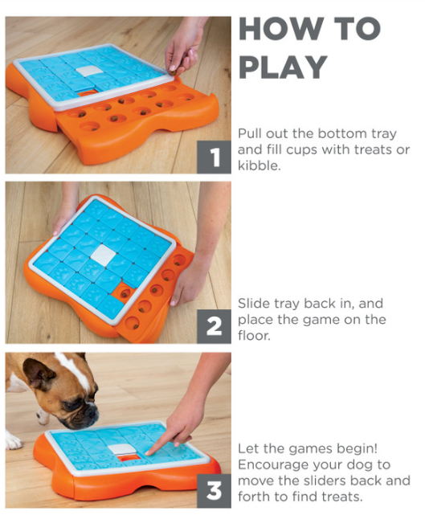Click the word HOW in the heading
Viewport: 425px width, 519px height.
tap(281, 29)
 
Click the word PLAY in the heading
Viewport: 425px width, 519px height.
tap(283, 67)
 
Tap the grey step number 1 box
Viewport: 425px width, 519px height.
tap(215, 157)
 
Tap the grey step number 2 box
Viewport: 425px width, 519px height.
tap(215, 326)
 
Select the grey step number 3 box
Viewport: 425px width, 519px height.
tap(215, 491)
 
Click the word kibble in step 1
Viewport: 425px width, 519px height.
tap(259, 166)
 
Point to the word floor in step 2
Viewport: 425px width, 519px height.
tap(254, 335)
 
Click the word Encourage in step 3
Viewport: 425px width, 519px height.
tap(273, 465)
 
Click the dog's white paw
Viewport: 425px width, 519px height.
tap(13, 439)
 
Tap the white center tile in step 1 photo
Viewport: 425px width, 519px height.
tap(87, 71)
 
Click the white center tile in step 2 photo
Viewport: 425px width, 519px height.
tap(104, 255)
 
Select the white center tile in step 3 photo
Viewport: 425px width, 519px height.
tap(122, 449)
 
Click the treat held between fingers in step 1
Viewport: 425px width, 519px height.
tap(172, 68)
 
